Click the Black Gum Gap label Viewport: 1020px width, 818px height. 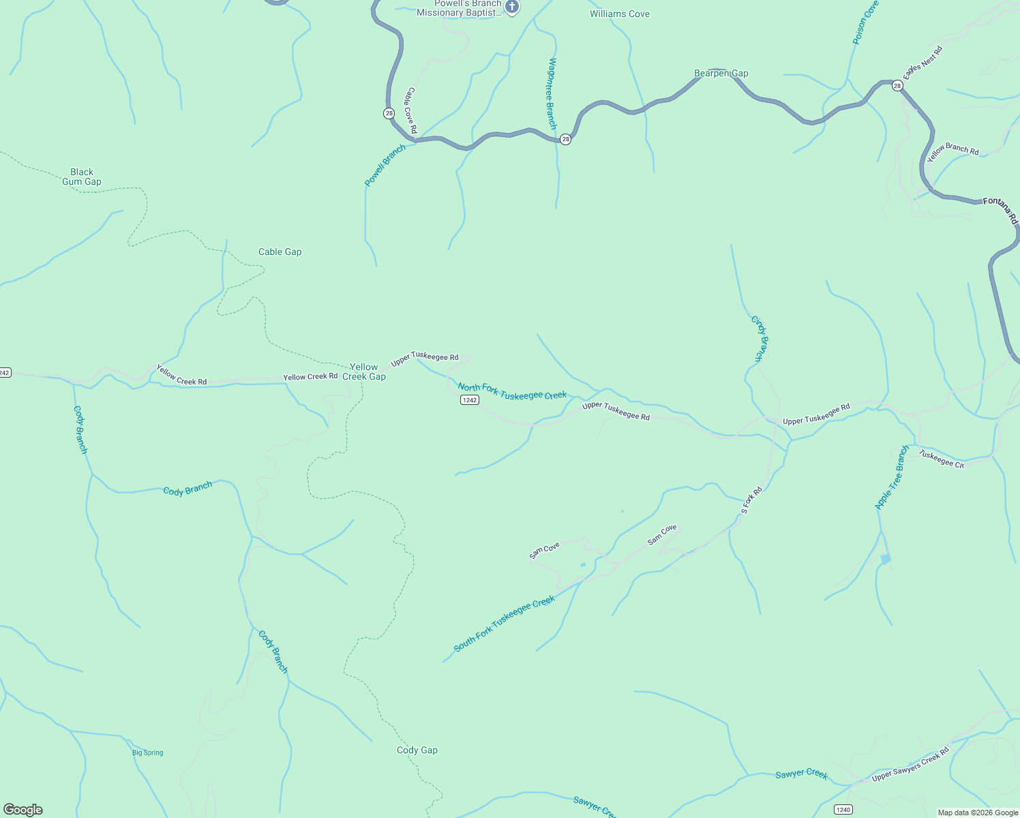pyautogui.click(x=82, y=177)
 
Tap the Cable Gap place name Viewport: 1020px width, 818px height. pyautogui.click(x=280, y=252)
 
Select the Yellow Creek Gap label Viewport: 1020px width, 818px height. pyautogui.click(x=364, y=372)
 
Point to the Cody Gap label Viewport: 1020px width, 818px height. pyautogui.click(x=417, y=750)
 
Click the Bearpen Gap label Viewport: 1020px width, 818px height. pyautogui.click(x=721, y=73)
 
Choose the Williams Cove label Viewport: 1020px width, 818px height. pyautogui.click(x=619, y=14)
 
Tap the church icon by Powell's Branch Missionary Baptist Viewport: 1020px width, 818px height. pyautogui.click(x=513, y=7)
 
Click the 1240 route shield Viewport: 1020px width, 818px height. pyautogui.click(x=843, y=809)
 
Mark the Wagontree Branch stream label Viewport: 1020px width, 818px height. pyautogui.click(x=552, y=93)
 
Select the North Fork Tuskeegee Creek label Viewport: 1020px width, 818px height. pyautogui.click(x=512, y=391)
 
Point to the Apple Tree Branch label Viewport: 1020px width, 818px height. pyautogui.click(x=892, y=477)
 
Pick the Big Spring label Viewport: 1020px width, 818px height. pyautogui.click(x=148, y=753)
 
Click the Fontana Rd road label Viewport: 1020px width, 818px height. pyautogui.click(x=1001, y=209)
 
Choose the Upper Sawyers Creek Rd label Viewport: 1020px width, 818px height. pyautogui.click(x=910, y=766)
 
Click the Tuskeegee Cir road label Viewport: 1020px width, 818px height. pyautogui.click(x=942, y=459)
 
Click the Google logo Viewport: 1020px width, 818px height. pyautogui.click(x=23, y=810)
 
